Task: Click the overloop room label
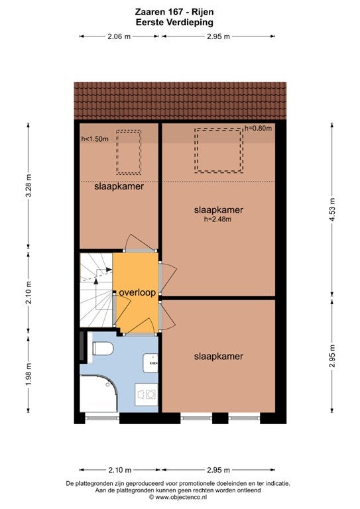point(137,292)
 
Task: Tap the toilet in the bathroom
point(103,349)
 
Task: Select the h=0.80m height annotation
point(258,128)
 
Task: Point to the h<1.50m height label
point(95,139)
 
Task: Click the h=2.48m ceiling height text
point(217,219)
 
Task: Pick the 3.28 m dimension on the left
point(29,186)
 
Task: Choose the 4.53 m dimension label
point(332,209)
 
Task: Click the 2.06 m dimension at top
point(119,36)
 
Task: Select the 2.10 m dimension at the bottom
point(120,470)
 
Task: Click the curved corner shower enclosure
point(99,394)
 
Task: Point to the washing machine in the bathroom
point(147,394)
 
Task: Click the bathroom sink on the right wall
point(150,363)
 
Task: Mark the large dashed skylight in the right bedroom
point(219,150)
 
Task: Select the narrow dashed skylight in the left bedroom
point(129,152)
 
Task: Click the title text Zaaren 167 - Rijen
point(174,13)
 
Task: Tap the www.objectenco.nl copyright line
point(178,497)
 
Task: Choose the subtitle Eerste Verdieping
point(174,23)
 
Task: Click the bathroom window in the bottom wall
point(102,418)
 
